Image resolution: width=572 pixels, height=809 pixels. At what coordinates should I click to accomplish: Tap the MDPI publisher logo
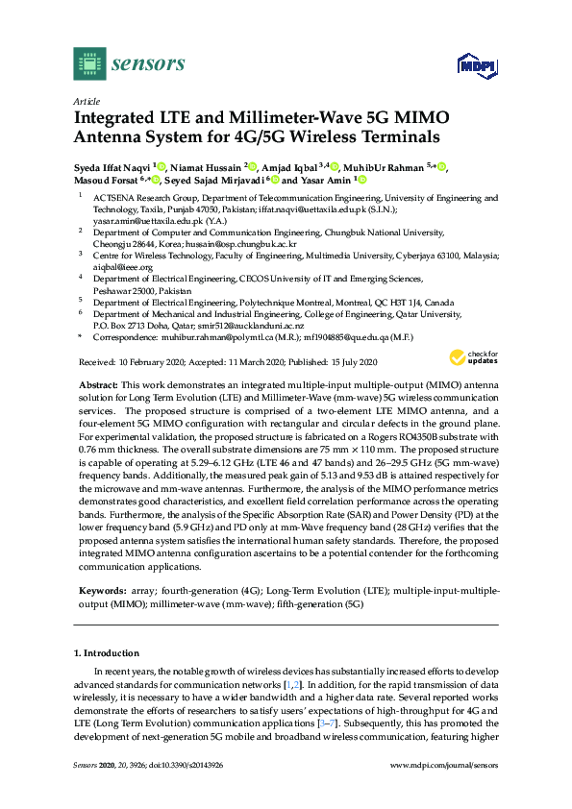[475, 65]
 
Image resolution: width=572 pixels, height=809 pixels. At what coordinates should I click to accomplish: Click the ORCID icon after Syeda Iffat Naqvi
[162, 165]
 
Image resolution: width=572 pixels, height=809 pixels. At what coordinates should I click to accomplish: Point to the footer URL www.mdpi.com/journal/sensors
[445, 791]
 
